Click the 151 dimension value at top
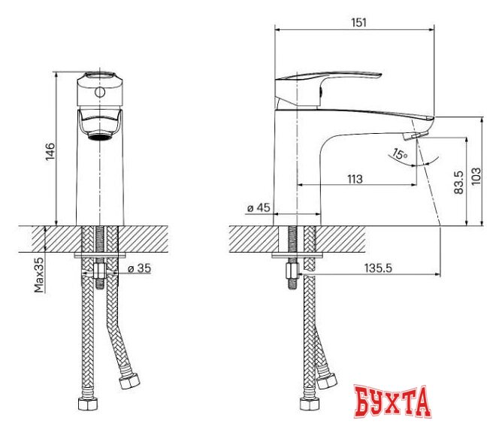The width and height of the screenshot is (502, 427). tap(358, 23)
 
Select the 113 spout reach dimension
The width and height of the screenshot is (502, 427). tap(355, 179)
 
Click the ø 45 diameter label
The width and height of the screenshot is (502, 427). tap(258, 208)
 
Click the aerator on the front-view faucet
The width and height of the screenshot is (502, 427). tap(98, 135)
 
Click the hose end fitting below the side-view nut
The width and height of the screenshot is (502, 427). tap(307, 404)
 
